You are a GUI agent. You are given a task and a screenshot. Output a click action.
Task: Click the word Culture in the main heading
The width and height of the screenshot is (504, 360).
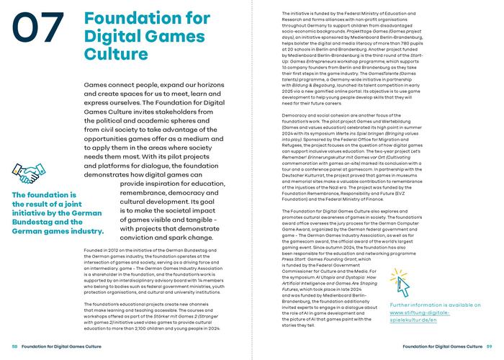pos(109,53)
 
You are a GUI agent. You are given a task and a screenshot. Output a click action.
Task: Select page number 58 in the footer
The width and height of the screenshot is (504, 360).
pos(14,346)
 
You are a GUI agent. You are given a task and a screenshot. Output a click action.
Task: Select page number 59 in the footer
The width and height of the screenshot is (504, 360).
pos(489,346)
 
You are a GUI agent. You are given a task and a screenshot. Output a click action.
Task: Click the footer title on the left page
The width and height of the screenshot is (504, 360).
pos(61,346)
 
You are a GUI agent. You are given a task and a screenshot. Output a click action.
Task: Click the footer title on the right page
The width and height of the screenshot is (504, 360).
pos(442,346)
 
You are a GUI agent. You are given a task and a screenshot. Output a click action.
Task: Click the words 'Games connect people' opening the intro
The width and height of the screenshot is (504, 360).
pos(137,85)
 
